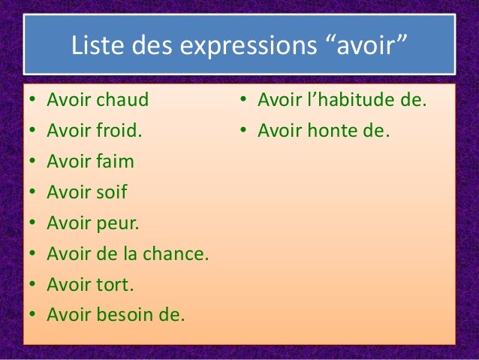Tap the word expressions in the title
243,47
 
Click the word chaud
122,99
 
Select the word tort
115,285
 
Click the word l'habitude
352,99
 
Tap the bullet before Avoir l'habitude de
243,100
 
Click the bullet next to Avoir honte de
243,131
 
